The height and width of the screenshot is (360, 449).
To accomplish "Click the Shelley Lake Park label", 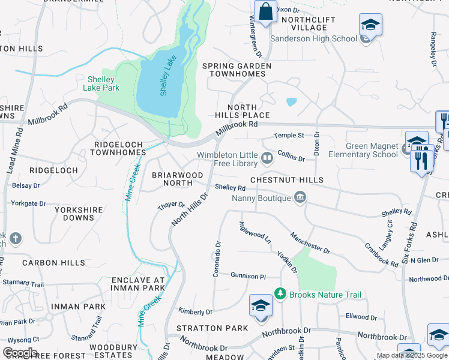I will tap(103, 83).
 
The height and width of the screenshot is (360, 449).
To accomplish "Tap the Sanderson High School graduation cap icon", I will tap(370, 25).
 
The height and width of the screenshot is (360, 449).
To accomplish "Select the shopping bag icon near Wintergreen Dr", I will tap(265, 11).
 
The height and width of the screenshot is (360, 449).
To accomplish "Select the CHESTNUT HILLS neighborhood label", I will tap(286, 180).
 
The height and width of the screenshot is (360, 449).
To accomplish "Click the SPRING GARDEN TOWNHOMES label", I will tap(237, 70).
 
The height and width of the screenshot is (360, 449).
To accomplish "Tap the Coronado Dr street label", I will tap(218, 259).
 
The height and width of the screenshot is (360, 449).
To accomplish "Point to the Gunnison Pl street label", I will tap(248, 275).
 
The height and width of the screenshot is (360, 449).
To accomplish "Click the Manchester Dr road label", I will tap(310, 242).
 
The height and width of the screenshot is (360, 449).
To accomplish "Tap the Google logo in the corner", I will tap(19, 353).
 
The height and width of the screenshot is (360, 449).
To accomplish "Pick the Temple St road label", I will tap(289, 136).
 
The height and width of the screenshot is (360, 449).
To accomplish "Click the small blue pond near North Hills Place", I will tap(291, 102).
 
